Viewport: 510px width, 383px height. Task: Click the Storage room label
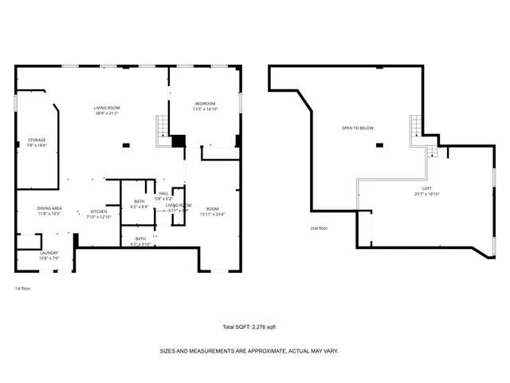tap(37, 140)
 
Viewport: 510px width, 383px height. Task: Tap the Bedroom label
tap(206, 104)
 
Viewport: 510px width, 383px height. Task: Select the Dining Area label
tap(49, 207)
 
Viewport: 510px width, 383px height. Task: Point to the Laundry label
tap(49, 253)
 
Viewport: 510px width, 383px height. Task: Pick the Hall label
tap(163, 193)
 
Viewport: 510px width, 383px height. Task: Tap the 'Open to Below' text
tap(357, 128)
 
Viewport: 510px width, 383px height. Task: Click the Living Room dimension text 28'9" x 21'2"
tap(107, 113)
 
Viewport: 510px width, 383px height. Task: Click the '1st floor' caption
tap(23, 288)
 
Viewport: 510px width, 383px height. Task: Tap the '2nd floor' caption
tap(320, 228)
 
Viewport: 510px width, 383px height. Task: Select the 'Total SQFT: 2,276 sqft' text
tap(249, 327)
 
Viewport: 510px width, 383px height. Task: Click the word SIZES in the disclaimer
tap(168, 350)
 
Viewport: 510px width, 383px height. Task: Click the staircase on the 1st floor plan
tap(163, 126)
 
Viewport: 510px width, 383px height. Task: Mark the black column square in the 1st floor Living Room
tap(125, 145)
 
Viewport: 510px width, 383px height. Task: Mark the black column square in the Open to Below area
tap(379, 145)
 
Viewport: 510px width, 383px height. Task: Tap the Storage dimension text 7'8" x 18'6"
tap(37, 145)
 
